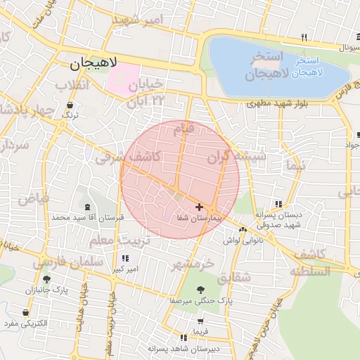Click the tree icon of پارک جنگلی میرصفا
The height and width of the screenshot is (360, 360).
coord(202,289)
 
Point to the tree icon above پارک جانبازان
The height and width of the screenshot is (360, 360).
coord(46,279)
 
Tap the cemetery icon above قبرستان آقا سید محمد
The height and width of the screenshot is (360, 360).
coord(86,207)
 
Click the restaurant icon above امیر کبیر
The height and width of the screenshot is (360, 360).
coord(126,258)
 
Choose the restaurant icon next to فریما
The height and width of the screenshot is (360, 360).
coord(183,337)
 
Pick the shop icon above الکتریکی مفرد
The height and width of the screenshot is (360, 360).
coord(26,312)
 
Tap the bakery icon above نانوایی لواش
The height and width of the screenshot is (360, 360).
coord(243,230)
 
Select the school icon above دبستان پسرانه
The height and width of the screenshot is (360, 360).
coord(279,204)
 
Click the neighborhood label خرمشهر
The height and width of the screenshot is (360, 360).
coord(191,265)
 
